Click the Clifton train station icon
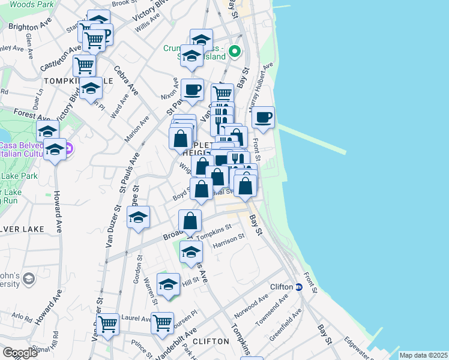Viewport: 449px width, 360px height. click(x=298, y=287)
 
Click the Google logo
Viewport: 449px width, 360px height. click(x=20, y=353)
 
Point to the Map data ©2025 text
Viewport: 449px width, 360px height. click(x=423, y=355)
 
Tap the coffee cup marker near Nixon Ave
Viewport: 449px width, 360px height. click(x=192, y=90)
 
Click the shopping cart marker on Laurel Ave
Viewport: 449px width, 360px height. click(x=108, y=324)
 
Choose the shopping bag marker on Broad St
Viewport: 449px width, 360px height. click(x=190, y=221)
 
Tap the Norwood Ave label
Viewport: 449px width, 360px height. click(x=250, y=307)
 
